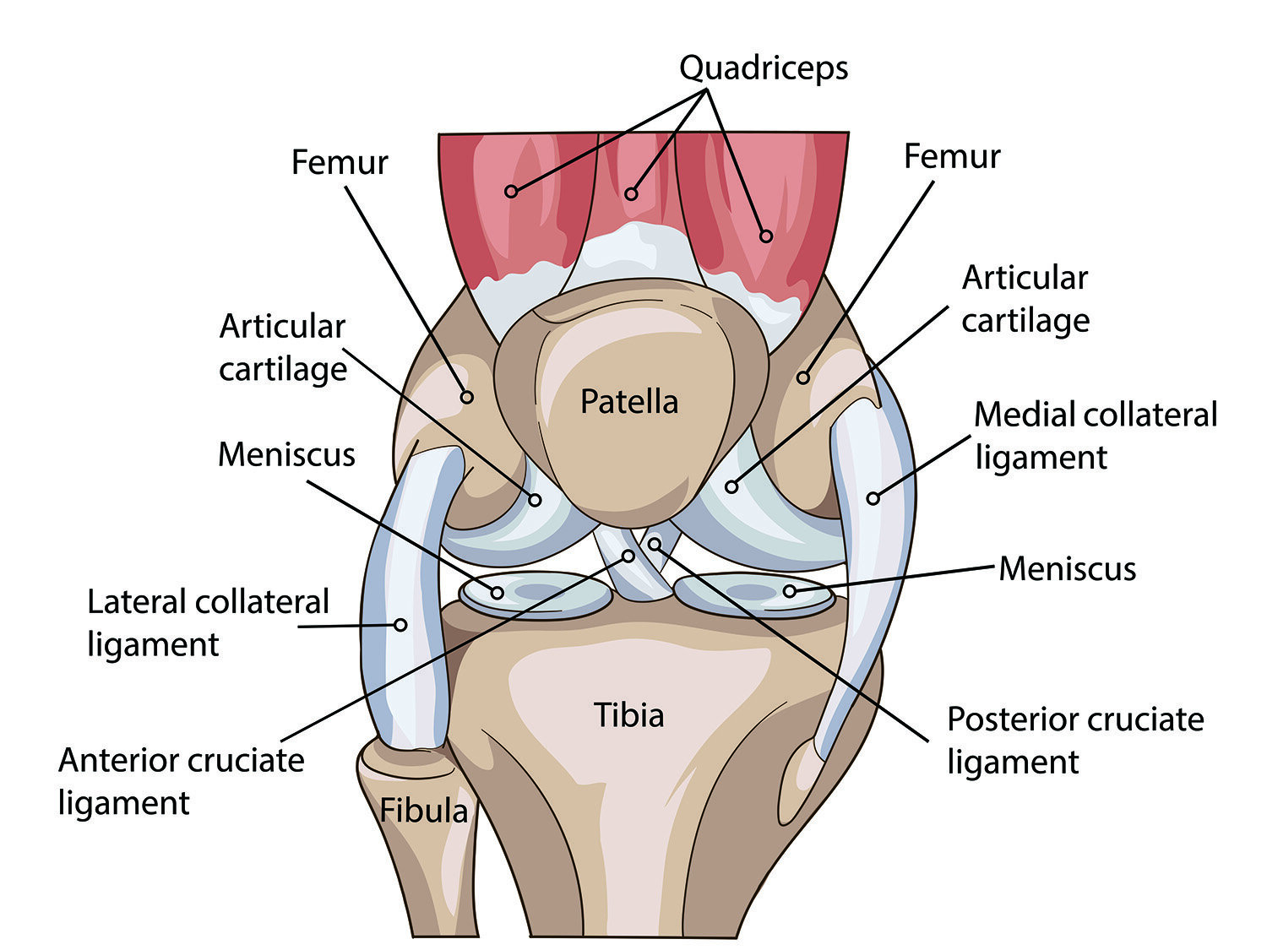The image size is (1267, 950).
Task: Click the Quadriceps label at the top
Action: (764, 68)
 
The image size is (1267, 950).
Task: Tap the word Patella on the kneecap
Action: (629, 401)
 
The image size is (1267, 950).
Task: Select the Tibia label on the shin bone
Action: (629, 715)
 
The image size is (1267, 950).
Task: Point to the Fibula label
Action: (423, 811)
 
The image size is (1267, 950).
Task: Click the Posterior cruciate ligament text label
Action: (1074, 740)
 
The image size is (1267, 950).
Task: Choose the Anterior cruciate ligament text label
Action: (181, 781)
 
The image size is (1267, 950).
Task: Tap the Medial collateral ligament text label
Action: (1095, 436)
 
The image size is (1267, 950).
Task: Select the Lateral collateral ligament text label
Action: (208, 623)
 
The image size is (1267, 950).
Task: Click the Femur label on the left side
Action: (339, 162)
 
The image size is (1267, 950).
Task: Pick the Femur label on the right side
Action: (951, 156)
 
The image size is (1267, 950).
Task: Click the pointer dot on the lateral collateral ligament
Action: (401, 625)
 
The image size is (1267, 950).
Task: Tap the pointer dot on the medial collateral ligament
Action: (873, 498)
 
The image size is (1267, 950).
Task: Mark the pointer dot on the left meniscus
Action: (498, 593)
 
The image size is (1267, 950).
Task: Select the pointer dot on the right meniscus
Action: (790, 591)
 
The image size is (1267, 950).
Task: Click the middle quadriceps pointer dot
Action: (631, 194)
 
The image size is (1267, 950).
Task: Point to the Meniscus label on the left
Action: (286, 454)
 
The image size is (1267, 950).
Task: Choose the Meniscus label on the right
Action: (1067, 568)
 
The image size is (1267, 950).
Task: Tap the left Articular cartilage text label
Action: (283, 348)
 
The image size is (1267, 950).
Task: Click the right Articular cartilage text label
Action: (1025, 299)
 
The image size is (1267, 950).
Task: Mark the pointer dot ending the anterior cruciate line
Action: (628, 556)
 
